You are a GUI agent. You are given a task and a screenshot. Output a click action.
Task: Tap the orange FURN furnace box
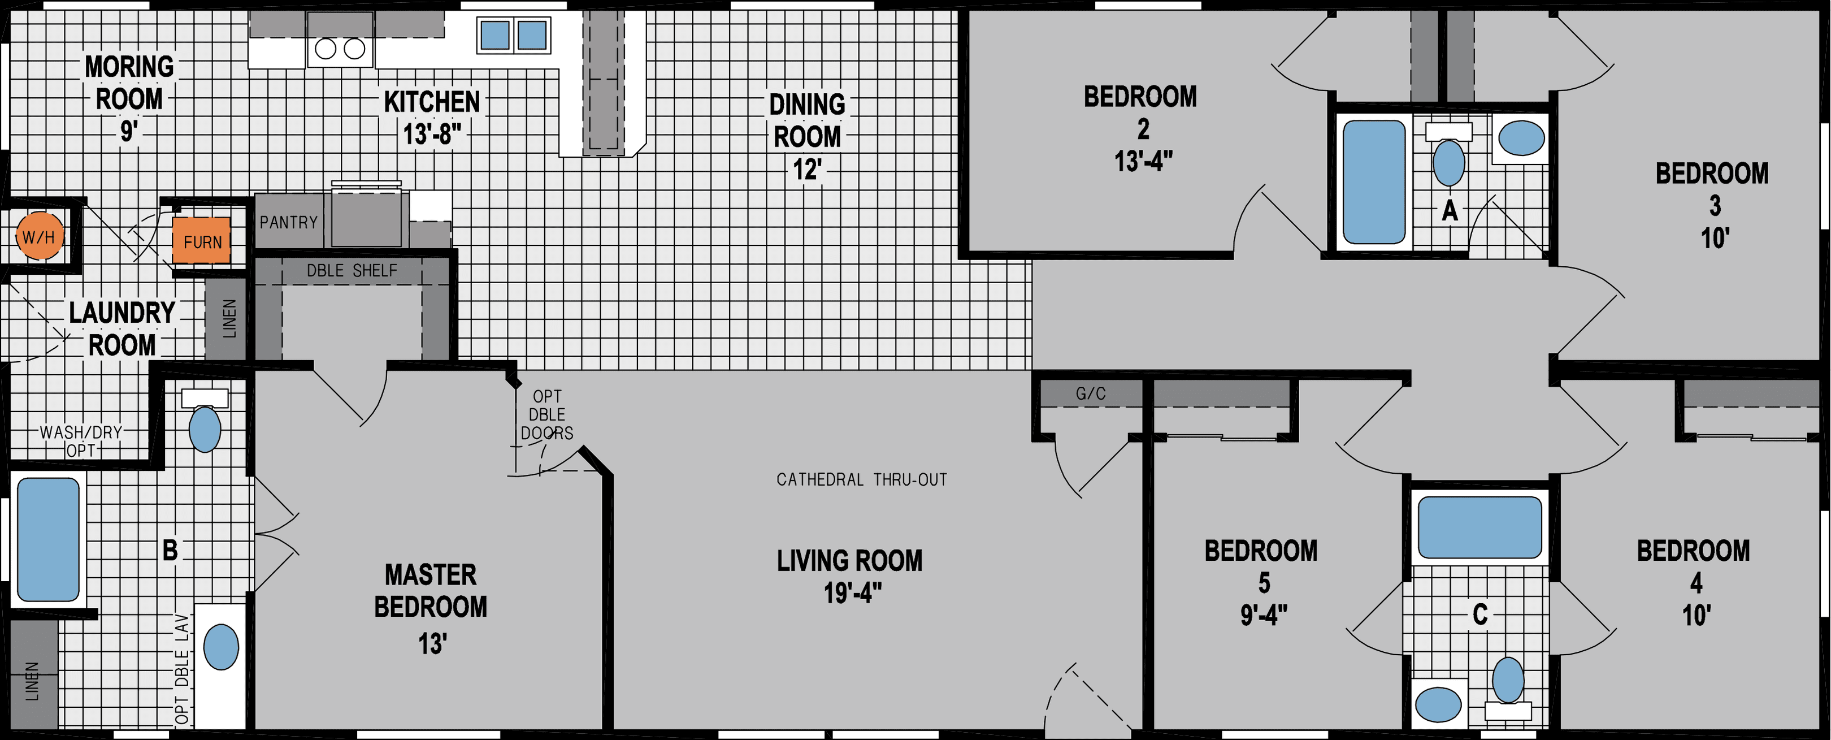[202, 241]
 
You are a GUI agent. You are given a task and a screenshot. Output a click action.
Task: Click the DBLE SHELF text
[352, 271]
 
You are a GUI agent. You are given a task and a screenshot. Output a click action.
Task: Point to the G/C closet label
[1090, 393]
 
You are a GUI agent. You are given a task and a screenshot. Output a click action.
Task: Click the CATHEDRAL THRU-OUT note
[861, 480]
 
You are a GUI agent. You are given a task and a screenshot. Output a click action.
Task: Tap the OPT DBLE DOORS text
[546, 414]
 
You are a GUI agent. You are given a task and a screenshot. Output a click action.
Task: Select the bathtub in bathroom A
[1373, 182]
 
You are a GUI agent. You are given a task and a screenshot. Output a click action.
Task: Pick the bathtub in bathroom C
[1479, 527]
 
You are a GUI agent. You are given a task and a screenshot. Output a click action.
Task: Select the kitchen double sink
[513, 35]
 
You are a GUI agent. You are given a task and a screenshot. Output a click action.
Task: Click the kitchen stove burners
[340, 49]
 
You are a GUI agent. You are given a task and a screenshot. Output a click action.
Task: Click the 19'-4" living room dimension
[852, 592]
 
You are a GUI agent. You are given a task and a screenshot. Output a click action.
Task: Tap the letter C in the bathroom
[1479, 614]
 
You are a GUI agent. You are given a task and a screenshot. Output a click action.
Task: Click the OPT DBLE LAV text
[182, 668]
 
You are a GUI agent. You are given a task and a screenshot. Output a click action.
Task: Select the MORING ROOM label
[129, 83]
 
